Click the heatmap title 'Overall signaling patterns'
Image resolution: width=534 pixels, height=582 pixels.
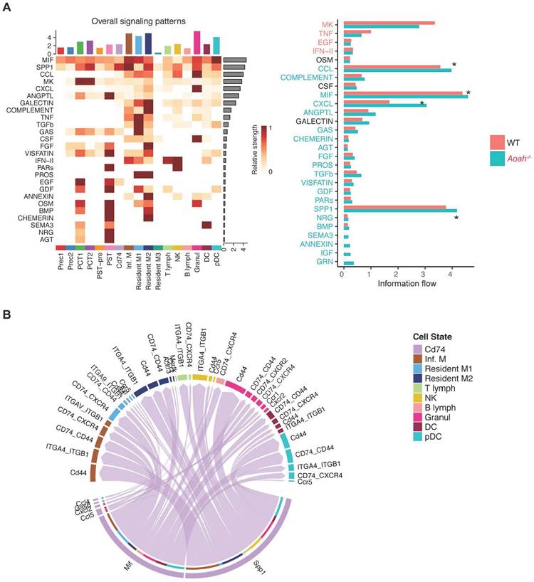click(x=138, y=21)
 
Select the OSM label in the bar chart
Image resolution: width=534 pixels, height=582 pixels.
click(x=332, y=60)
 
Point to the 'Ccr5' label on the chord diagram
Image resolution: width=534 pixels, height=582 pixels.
click(x=309, y=482)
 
